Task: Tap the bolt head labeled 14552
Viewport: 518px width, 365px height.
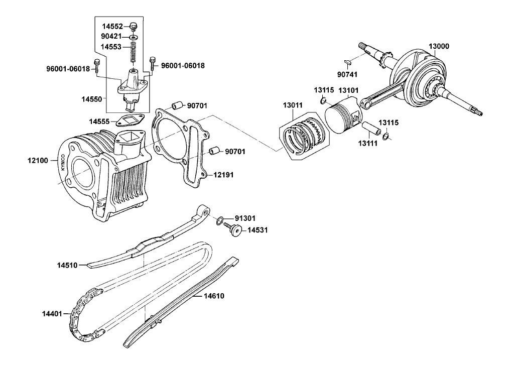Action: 134,26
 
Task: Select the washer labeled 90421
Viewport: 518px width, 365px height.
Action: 134,37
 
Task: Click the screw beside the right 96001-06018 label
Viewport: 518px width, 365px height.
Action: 151,62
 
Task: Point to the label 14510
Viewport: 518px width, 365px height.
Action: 67,265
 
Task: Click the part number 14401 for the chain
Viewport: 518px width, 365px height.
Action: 52,314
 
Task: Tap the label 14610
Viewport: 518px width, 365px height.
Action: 213,296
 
